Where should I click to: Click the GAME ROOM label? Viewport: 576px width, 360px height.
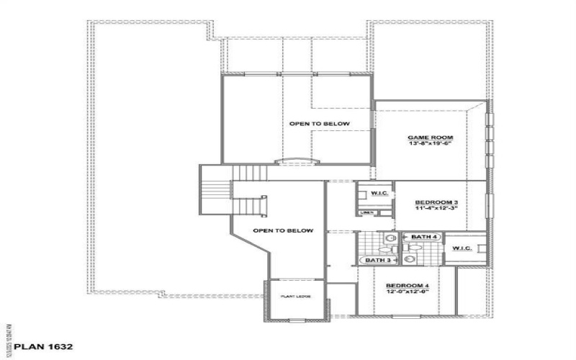428,137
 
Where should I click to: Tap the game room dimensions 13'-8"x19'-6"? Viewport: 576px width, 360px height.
428,144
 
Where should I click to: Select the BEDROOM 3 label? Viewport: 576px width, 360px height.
436,203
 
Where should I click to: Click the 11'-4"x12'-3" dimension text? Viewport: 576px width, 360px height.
436,210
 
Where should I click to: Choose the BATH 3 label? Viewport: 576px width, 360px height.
378,260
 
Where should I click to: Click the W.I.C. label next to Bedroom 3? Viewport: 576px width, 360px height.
379,193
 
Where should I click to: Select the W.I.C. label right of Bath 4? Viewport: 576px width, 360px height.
462,248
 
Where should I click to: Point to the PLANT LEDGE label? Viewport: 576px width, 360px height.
292,296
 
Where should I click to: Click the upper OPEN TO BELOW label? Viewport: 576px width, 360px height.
320,124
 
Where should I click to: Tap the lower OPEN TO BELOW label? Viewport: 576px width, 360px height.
283,230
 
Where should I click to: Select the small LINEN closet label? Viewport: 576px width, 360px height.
366,213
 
